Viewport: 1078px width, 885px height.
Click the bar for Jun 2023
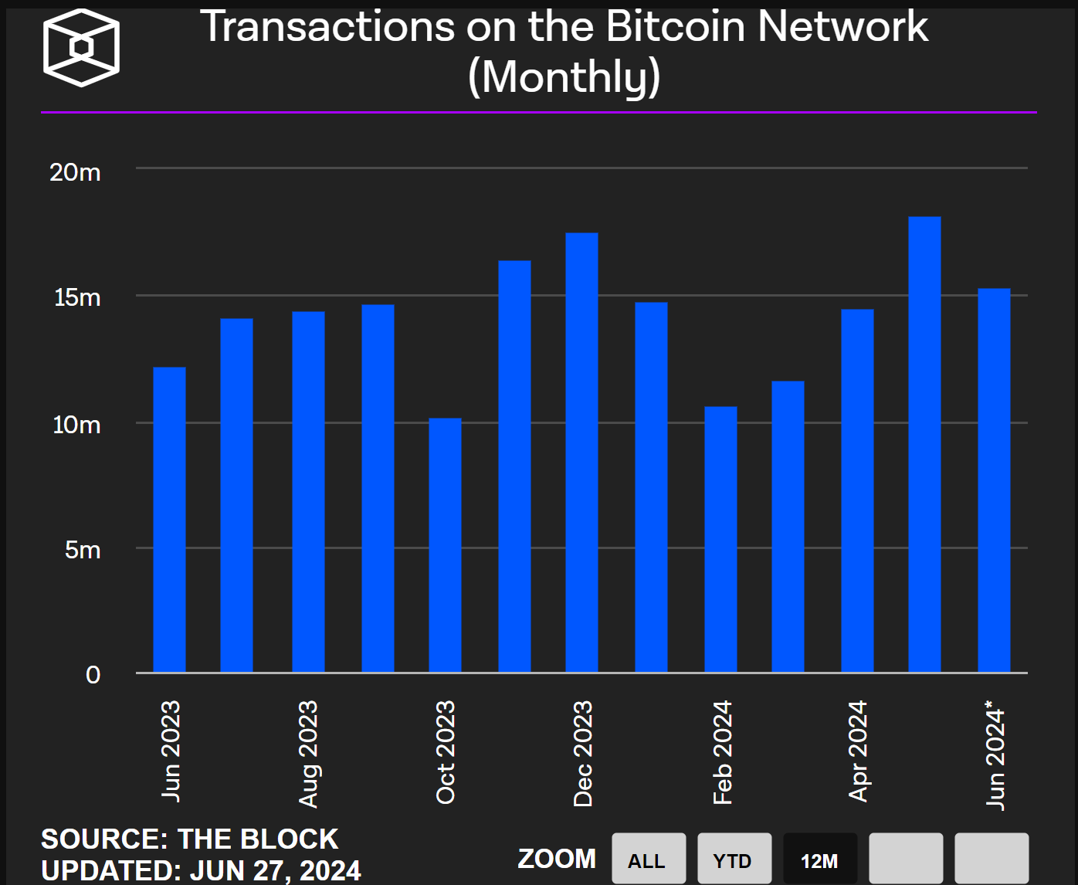click(x=169, y=520)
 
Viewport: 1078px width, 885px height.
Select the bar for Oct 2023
click(x=445, y=545)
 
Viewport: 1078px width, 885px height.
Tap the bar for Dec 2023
click(x=581, y=453)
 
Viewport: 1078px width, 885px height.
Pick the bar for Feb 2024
click(x=720, y=539)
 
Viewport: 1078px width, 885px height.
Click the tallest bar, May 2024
click(x=924, y=445)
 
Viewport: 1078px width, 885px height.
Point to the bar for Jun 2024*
click(x=994, y=480)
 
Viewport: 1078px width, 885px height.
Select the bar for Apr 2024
click(x=857, y=491)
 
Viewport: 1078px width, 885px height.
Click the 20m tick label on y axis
click(x=76, y=172)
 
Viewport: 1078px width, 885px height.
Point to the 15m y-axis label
click(x=77, y=297)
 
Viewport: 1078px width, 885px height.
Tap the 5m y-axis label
click(x=83, y=550)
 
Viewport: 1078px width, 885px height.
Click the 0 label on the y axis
click(x=93, y=675)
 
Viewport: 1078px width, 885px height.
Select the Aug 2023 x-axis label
click(x=308, y=754)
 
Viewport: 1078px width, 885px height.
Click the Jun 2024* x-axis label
click(x=995, y=754)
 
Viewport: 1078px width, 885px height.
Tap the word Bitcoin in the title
click(x=676, y=27)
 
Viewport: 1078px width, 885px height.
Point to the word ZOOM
click(x=557, y=859)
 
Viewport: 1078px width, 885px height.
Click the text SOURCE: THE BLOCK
click(x=189, y=839)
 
